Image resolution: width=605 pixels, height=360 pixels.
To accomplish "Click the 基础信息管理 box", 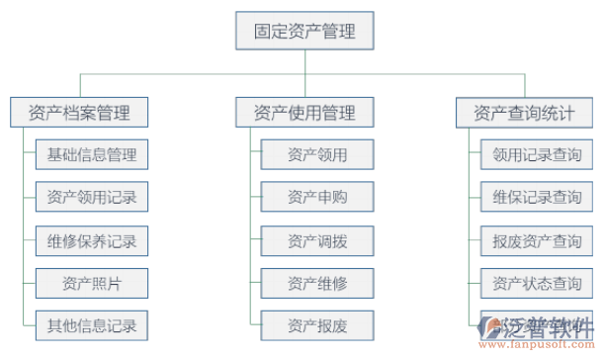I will click(91, 155).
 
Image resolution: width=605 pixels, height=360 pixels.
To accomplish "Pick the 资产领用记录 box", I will click(91, 198).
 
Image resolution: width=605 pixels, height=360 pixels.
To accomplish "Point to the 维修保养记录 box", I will click(91, 240).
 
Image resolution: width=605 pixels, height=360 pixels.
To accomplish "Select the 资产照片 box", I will click(91, 284).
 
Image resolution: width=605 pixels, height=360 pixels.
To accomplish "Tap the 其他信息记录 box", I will click(91, 325).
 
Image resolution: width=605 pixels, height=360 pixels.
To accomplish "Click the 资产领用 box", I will click(317, 155).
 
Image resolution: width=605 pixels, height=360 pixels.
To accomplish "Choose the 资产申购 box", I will click(317, 198).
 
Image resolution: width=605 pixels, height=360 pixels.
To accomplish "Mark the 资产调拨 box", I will click(317, 240).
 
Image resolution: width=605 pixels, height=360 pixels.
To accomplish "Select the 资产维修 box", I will click(317, 284).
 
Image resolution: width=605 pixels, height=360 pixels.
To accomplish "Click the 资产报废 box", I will click(317, 325).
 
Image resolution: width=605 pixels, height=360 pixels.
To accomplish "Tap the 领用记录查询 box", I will click(537, 155).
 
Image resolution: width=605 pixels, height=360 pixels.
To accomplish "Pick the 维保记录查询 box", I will click(537, 198).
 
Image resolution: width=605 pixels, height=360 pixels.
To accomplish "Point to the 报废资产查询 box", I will click(537, 240).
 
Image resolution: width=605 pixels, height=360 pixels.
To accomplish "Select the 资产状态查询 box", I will click(537, 284).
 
